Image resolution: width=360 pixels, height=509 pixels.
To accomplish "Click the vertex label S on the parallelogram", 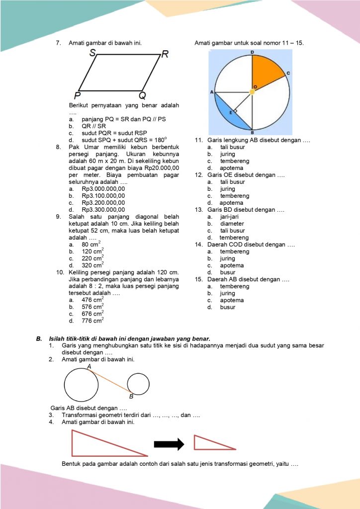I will [93, 55].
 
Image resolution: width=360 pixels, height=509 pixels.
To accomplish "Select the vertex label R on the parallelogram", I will [165, 55].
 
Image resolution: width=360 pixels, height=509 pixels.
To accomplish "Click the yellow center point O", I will [252, 92].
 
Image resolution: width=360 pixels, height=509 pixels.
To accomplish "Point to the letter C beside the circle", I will [288, 73].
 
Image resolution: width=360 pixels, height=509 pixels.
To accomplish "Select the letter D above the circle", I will [252, 52].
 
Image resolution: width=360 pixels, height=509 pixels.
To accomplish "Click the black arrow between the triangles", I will [169, 444].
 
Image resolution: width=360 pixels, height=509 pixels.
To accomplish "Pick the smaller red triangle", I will [209, 443].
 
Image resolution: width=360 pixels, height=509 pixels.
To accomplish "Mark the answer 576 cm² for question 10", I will [92, 307].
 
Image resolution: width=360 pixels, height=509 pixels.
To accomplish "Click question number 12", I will [198, 175].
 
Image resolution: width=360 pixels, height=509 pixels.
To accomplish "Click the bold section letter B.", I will [38, 339].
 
